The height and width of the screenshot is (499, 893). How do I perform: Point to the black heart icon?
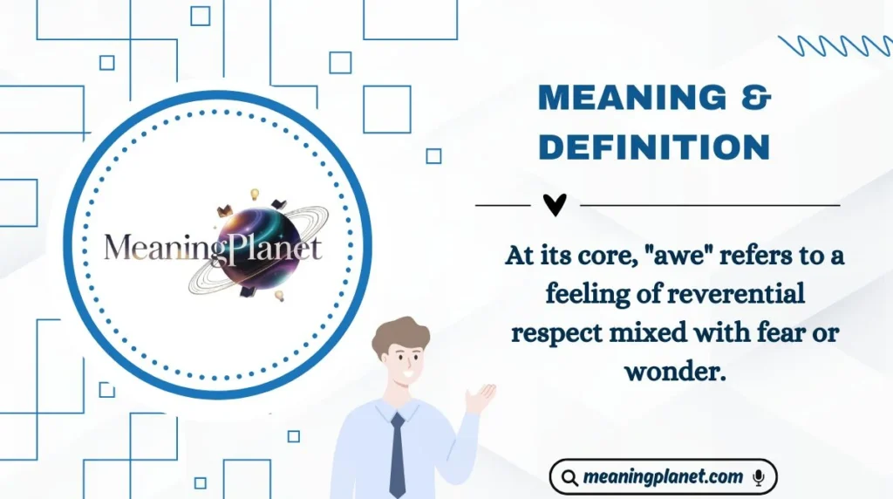[x=555, y=205]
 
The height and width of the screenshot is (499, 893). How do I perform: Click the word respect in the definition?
[x=556, y=333]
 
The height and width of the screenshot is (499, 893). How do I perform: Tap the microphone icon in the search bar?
[x=758, y=477]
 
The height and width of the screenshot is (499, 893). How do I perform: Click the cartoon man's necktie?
[x=398, y=454]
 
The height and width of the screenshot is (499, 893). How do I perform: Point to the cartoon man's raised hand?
[x=480, y=398]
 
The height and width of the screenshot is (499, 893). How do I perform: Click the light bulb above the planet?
[x=256, y=194]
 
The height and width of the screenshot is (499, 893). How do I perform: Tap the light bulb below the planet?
[x=280, y=296]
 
